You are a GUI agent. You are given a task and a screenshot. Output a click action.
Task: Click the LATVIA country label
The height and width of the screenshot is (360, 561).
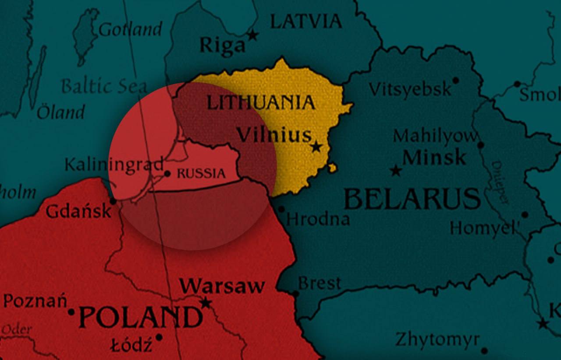pos(305,21)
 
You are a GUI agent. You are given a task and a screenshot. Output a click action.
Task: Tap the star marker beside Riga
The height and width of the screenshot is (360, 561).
pos(253,35)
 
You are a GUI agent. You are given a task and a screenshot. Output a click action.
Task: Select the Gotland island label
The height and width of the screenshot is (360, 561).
pos(130,30)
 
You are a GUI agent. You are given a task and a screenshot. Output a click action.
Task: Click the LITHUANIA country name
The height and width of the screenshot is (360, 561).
pos(261,102)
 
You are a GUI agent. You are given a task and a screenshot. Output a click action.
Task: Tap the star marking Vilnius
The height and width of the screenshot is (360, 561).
pos(316,147)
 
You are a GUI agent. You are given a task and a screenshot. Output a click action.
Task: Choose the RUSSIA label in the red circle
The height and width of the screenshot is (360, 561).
pos(201,173)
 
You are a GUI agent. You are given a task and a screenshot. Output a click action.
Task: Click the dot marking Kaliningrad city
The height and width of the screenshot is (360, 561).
pos(167,174)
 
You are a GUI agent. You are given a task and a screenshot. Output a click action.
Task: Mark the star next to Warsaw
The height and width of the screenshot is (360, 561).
pos(206,303)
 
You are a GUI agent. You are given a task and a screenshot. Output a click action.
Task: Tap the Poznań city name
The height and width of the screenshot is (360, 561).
pos(35,302)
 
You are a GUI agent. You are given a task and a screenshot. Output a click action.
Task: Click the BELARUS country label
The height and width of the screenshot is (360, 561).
pos(412,199)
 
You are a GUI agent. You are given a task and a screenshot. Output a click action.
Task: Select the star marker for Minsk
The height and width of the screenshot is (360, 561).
pos(396,171)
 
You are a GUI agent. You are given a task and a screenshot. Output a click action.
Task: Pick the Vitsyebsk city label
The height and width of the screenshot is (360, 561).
pos(410,89)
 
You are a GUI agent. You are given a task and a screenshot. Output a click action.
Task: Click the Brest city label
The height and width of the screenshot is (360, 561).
pos(320,283)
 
